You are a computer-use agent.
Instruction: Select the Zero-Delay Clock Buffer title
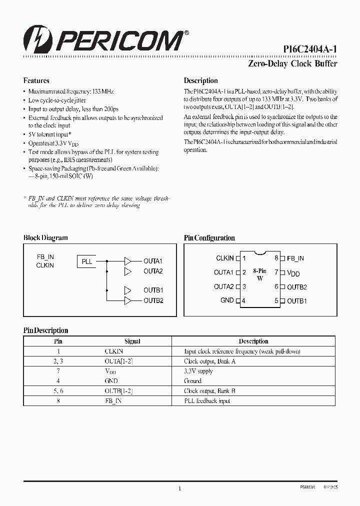pyautogui.click(x=292, y=63)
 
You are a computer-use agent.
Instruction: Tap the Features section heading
pyautogui.click(x=36, y=80)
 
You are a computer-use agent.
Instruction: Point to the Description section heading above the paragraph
pyautogui.click(x=200, y=80)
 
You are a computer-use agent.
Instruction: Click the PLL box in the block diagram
pyautogui.click(x=86, y=261)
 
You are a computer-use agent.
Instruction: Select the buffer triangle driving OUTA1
pyautogui.click(x=128, y=261)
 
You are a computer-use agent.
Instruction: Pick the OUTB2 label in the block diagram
pyautogui.click(x=153, y=300)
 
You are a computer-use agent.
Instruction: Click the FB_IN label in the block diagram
pyautogui.click(x=45, y=256)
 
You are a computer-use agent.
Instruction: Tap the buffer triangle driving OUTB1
pyautogui.click(x=128, y=290)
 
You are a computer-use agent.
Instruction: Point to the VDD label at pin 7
pyautogui.click(x=294, y=273)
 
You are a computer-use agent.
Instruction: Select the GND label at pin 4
pyautogui.click(x=227, y=300)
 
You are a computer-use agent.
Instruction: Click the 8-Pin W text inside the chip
pyautogui.click(x=259, y=274)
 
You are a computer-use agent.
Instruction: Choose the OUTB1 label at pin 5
pyautogui.click(x=297, y=301)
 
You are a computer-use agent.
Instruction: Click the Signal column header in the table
pyautogui.click(x=132, y=341)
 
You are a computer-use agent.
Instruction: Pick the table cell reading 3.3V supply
pyautogui.click(x=198, y=371)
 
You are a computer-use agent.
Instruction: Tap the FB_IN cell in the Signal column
pyautogui.click(x=113, y=401)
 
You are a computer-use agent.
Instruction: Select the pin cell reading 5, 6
pyautogui.click(x=58, y=391)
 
